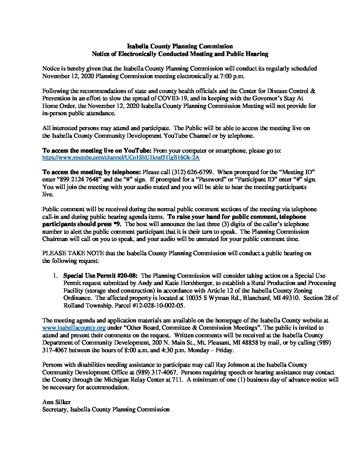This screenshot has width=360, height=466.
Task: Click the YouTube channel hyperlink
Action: click(x=121, y=158)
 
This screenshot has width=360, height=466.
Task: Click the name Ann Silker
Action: click(x=57, y=402)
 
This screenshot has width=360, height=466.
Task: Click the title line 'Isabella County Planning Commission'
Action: click(x=180, y=46)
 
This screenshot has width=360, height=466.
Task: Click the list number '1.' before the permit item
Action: click(x=57, y=275)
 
